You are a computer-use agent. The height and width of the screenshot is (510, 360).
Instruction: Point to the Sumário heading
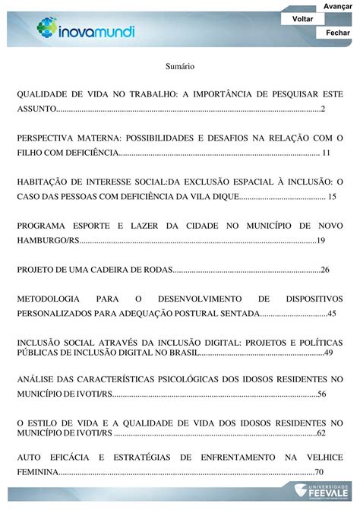pos(180,67)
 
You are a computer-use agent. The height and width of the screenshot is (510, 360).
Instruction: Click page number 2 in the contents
pos(323,111)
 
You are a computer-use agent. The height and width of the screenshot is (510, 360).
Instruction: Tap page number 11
pos(326,154)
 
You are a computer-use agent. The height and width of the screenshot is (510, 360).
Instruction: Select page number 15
pos(331,197)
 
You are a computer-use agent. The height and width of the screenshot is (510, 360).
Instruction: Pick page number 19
pos(321,240)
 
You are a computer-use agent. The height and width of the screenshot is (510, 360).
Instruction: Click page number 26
pos(325,269)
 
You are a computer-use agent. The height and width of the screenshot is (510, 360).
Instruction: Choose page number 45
pos(331,313)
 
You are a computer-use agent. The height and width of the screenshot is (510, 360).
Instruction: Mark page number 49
pos(328,353)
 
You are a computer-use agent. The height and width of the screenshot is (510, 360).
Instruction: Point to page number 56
pos(321,393)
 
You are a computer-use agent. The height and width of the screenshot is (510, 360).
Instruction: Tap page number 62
pos(321,432)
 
